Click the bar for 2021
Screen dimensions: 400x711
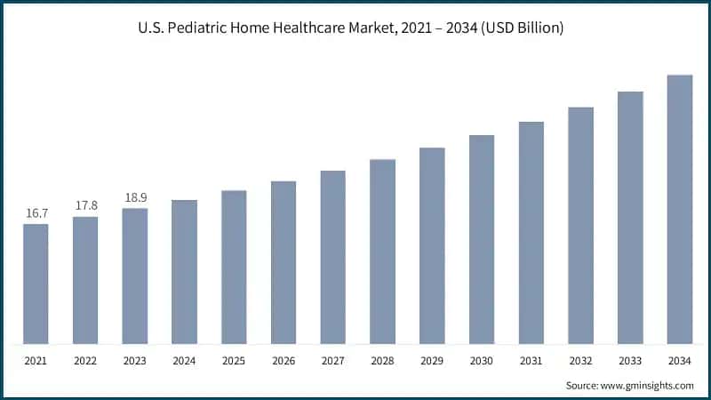point(36,284)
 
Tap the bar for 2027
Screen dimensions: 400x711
point(333,257)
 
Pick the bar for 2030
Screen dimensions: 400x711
point(482,239)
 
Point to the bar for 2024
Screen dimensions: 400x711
point(184,272)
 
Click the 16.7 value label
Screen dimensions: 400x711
point(36,214)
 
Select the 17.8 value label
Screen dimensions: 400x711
point(85,206)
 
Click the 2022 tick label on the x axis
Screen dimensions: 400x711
point(85,362)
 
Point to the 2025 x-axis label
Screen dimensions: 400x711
point(234,362)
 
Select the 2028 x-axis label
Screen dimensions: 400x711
point(383,362)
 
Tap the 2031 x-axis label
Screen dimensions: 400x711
point(531,362)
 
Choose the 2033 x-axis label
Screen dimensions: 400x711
point(631,362)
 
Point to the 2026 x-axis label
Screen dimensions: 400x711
point(284,362)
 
